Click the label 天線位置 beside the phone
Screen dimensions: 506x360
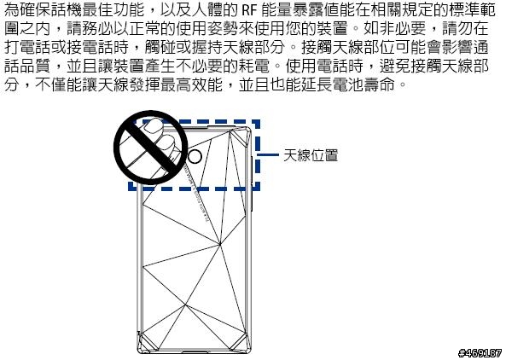click(x=311, y=155)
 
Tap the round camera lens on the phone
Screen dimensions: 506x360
click(x=195, y=157)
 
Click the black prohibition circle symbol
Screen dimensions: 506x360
click(x=151, y=148)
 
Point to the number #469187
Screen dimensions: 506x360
click(x=480, y=352)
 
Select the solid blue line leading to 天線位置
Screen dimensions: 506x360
click(x=268, y=155)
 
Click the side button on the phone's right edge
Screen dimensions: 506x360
click(x=252, y=183)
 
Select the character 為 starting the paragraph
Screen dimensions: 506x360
click(x=12, y=10)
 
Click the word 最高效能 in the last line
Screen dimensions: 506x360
click(x=192, y=84)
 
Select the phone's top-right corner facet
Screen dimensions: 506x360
click(x=241, y=135)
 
